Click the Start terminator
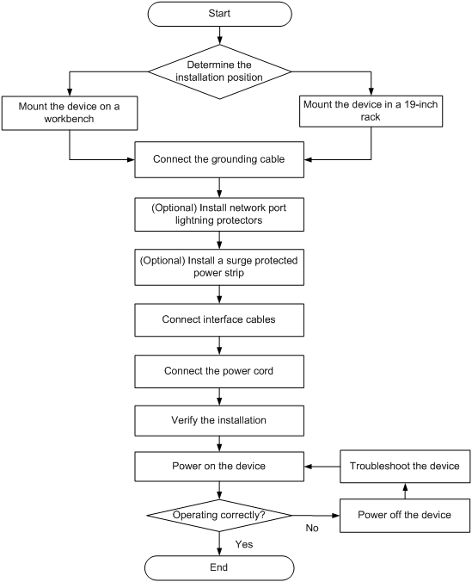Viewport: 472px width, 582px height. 219,14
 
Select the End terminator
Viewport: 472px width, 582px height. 219,567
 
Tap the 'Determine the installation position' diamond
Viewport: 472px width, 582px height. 219,71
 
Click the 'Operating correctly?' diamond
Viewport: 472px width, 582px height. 219,515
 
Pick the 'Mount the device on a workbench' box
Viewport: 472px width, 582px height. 70,113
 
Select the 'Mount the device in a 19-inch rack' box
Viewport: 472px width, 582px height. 371,111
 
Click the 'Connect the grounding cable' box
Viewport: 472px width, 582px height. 219,159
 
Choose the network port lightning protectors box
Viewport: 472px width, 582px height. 219,214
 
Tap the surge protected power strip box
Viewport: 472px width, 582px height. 219,267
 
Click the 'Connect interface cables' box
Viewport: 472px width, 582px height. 219,320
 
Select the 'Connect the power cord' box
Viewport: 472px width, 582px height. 219,371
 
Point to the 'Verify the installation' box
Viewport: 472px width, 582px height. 219,420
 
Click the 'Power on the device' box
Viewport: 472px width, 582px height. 219,467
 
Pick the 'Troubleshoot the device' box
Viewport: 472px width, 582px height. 405,467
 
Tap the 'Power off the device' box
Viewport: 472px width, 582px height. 405,516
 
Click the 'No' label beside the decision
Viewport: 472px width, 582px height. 312,528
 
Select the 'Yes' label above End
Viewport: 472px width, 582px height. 244,544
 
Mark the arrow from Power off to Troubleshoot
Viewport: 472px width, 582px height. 405,491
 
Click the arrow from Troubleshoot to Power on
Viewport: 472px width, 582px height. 322,467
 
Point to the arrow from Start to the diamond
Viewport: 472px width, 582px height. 219,35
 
